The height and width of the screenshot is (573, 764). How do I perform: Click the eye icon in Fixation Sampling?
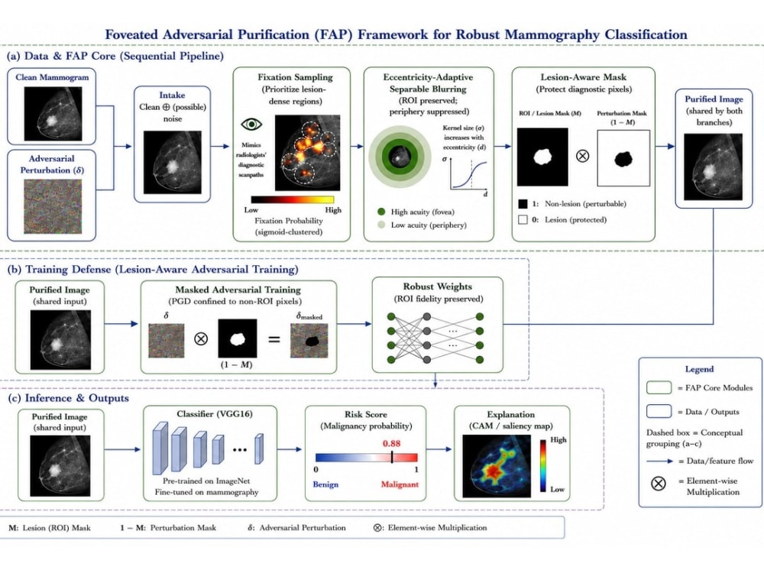[x=251, y=125]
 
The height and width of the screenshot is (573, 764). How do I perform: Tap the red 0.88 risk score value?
[x=391, y=443]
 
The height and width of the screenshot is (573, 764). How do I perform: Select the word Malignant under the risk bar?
[x=400, y=484]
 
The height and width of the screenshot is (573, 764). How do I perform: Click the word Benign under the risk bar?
[x=325, y=484]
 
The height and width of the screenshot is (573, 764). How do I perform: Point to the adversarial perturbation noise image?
[x=53, y=206]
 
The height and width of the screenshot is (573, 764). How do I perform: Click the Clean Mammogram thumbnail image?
[x=53, y=114]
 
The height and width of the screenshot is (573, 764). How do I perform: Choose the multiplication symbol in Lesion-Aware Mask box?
[x=583, y=156]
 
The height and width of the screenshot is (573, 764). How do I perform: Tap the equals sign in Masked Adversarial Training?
[x=274, y=338]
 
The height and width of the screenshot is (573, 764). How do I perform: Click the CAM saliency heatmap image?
[x=497, y=466]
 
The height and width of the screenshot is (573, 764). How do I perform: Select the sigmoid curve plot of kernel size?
[x=468, y=174]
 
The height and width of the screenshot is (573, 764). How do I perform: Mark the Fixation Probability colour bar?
[x=293, y=199]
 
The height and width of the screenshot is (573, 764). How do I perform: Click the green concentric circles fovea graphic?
[x=400, y=157]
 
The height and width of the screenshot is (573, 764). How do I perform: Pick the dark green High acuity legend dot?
[x=381, y=212]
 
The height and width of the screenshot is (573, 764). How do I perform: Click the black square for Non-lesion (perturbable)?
[x=523, y=204]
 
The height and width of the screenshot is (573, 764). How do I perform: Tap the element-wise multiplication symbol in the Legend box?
[x=659, y=484]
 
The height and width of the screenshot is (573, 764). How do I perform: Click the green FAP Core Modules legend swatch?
[x=659, y=387]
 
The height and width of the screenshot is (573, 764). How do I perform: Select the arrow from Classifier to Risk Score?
[x=290, y=449]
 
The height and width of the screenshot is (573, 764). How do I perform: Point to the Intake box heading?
[x=172, y=95]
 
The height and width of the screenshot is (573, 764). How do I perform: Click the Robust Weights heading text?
[x=438, y=286]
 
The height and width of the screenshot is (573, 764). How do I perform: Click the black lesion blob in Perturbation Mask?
[x=623, y=159]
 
